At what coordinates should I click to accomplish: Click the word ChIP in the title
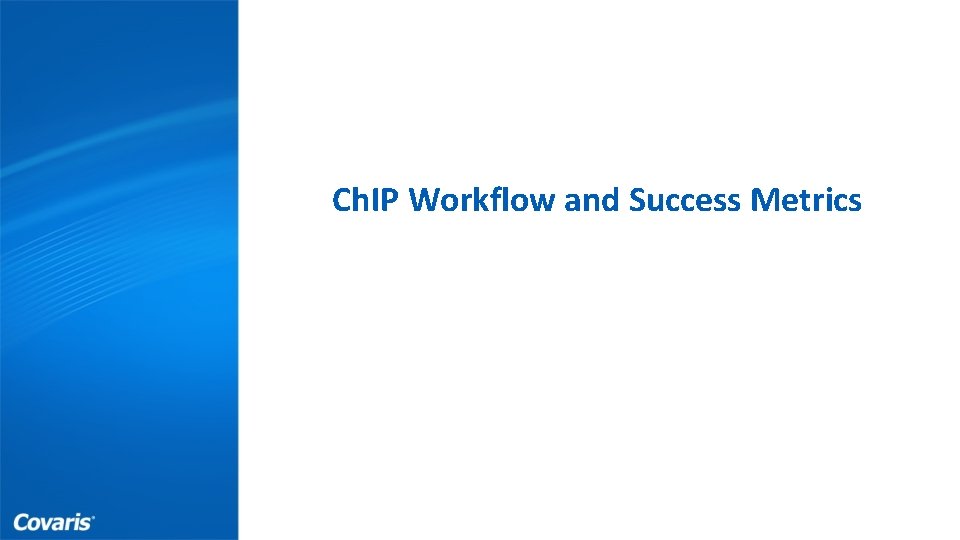(x=367, y=201)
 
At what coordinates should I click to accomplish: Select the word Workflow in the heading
(x=484, y=201)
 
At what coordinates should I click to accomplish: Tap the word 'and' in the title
(x=592, y=201)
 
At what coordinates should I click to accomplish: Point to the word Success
(x=685, y=201)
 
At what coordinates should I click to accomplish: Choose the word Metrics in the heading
(x=806, y=201)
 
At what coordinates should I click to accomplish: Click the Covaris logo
(x=54, y=522)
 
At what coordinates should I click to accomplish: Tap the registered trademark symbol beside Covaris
(x=93, y=517)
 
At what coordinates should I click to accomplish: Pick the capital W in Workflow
(x=424, y=201)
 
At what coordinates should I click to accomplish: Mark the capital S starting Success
(x=637, y=201)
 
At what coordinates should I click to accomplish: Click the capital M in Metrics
(x=764, y=201)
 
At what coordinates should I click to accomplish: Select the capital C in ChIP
(x=341, y=201)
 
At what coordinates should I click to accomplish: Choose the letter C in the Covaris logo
(x=20, y=522)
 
